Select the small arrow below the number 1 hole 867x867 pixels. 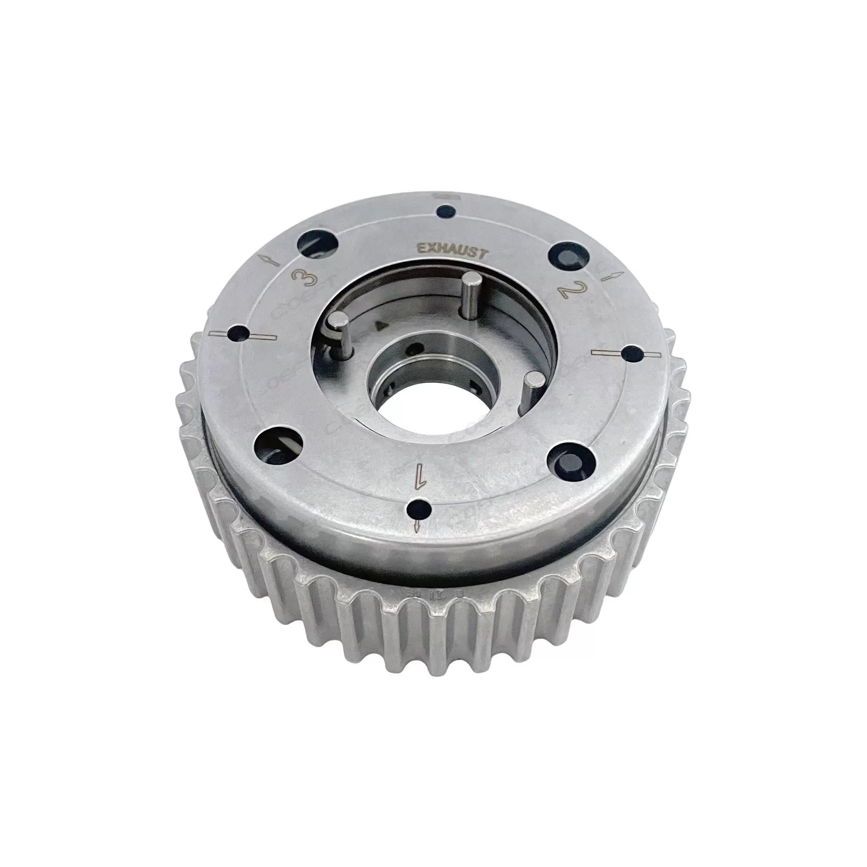click(417, 526)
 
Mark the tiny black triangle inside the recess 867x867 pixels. click(382, 322)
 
